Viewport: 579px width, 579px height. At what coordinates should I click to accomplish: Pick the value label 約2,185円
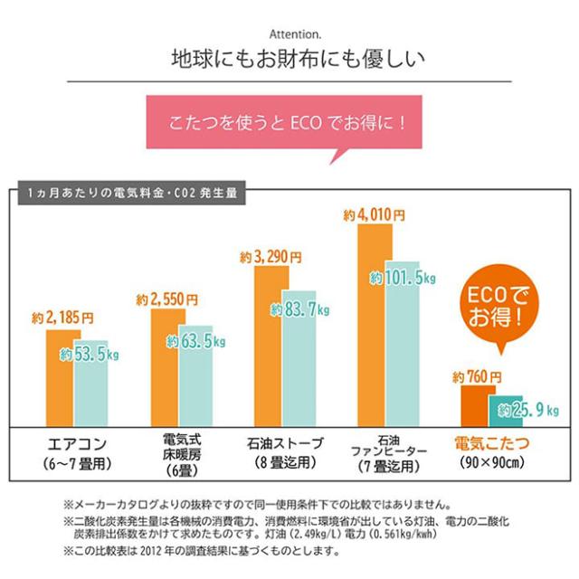[x=62, y=318]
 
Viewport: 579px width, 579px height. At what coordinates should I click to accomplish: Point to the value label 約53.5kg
[x=90, y=355]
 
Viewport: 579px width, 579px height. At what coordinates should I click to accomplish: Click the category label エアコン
[x=79, y=445]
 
